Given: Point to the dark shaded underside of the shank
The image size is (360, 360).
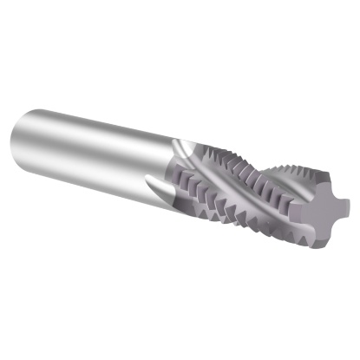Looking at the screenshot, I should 95,169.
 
